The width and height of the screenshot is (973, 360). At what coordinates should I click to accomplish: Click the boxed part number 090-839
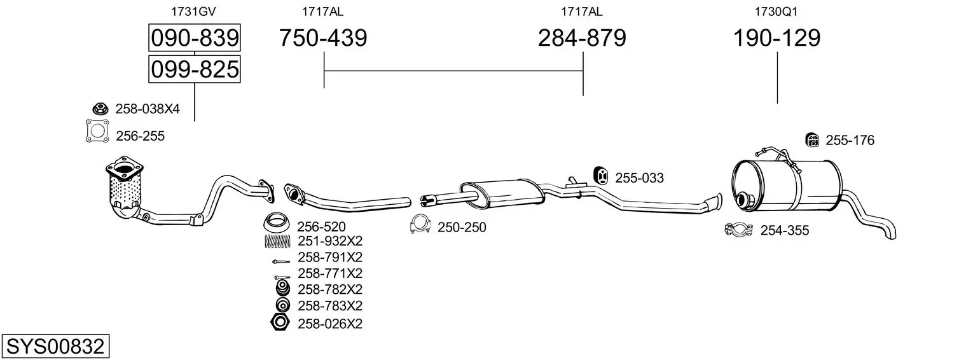click(x=195, y=38)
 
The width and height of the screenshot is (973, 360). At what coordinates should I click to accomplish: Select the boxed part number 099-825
click(x=195, y=69)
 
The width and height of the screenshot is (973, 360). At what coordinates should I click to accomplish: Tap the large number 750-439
click(x=323, y=38)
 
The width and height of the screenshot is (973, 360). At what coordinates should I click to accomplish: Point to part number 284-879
click(x=582, y=38)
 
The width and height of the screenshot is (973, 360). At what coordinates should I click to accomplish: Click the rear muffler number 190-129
click(x=776, y=38)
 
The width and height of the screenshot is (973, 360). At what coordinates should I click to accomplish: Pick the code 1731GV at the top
click(x=193, y=11)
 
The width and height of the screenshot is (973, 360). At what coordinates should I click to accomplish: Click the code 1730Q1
click(x=776, y=11)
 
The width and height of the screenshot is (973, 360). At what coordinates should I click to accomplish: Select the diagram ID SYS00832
click(x=55, y=347)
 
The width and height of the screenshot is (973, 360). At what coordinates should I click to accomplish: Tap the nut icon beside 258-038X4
click(x=100, y=109)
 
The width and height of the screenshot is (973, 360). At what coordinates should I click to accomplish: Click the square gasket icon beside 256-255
click(x=97, y=131)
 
